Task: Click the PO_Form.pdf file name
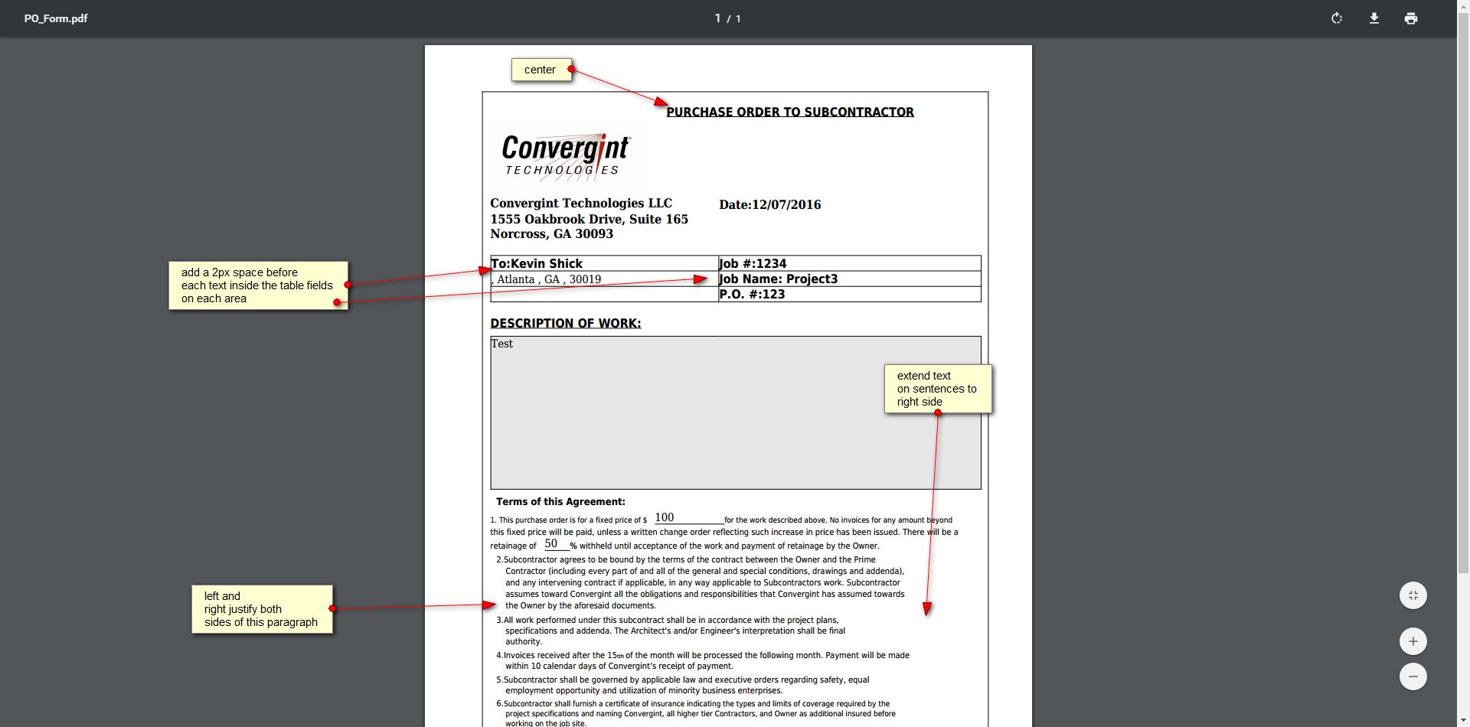point(56,18)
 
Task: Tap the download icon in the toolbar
point(1374,18)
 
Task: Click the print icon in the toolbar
point(1411,18)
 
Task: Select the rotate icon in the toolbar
point(1337,18)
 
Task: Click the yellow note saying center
point(541,70)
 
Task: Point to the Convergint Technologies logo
point(566,156)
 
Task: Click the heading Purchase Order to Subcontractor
point(789,112)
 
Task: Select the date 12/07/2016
point(786,204)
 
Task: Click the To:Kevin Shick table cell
point(603,263)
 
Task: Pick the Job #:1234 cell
point(848,263)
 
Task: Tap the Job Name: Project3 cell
point(848,279)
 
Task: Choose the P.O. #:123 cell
point(848,295)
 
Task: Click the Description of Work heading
point(565,323)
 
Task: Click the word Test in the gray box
point(502,344)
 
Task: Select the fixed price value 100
point(664,517)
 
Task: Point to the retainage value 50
point(551,543)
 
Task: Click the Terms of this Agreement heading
point(560,502)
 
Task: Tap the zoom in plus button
point(1413,641)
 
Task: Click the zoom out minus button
point(1413,676)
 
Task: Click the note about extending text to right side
point(937,389)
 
